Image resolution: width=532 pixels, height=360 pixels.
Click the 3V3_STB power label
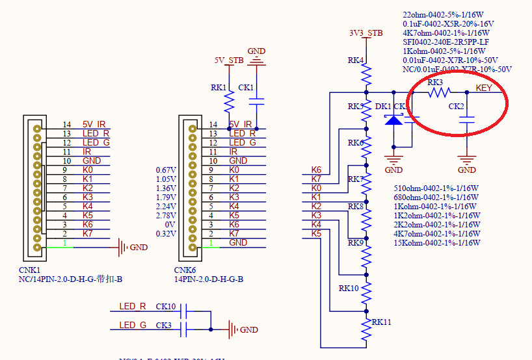tap(366, 32)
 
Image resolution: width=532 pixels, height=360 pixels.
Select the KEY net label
tap(484, 88)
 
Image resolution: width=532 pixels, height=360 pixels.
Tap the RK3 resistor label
tap(435, 83)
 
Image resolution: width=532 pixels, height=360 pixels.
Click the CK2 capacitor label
tap(456, 106)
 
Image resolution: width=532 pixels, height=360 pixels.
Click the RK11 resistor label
tap(382, 322)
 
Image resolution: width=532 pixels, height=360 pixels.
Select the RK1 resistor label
tap(219, 87)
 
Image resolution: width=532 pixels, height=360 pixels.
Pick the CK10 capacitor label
tap(166, 307)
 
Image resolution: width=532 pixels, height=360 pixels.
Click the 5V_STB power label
tap(229, 61)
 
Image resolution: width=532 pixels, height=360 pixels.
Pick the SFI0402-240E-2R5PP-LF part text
tap(446, 42)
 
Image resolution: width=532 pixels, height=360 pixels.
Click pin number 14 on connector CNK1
tap(66, 124)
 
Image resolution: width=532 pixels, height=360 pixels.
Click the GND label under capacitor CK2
tap(466, 170)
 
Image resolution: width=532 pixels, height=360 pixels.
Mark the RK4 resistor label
tap(356, 60)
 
